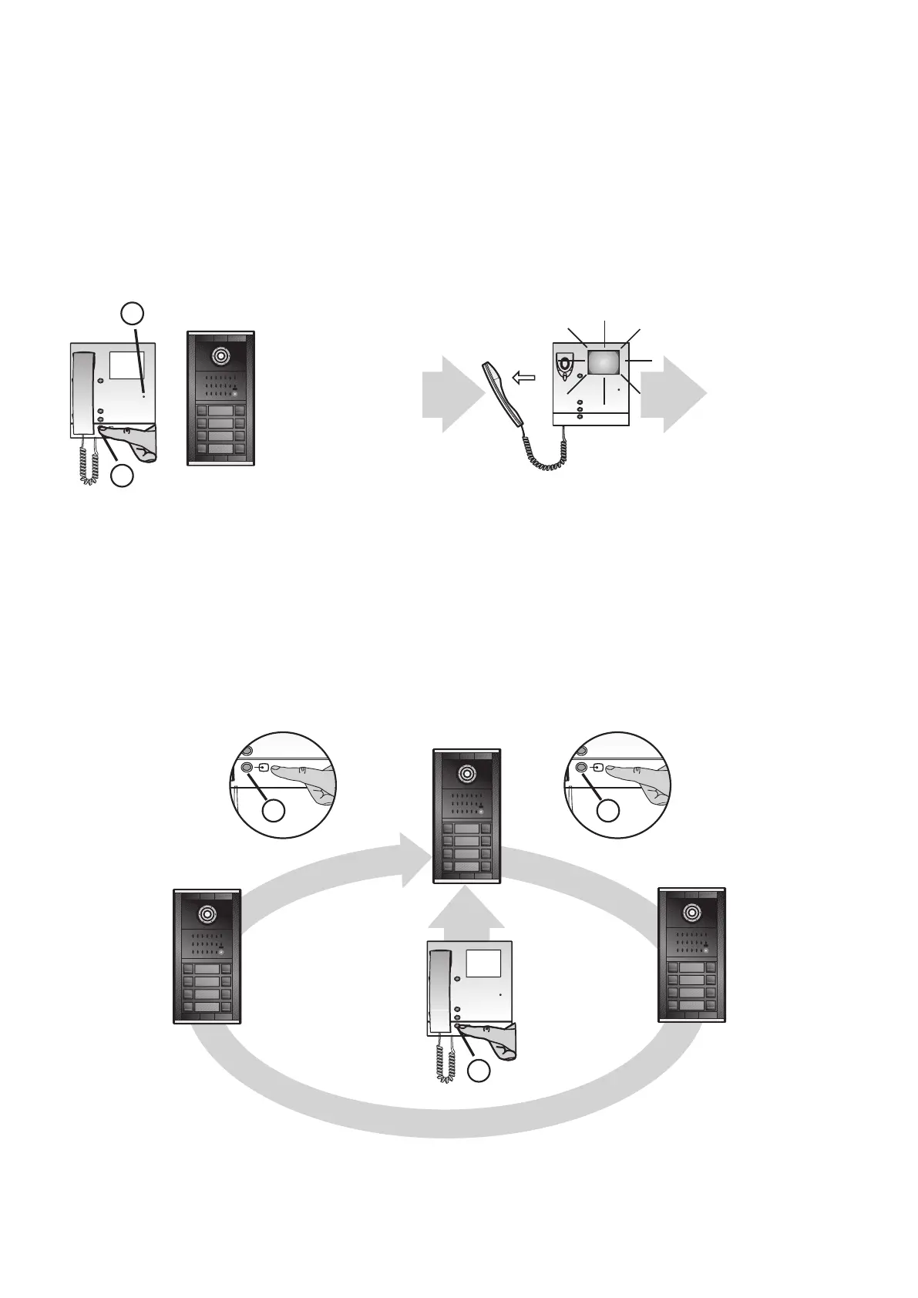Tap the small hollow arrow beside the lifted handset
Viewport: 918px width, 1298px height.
(x=524, y=378)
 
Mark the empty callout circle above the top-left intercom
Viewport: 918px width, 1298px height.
(x=133, y=313)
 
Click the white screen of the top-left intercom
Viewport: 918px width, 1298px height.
(x=127, y=364)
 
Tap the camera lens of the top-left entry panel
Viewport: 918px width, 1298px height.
(x=221, y=356)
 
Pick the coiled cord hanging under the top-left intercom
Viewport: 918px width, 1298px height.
(x=89, y=462)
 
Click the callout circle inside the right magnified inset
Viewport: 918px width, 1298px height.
(x=609, y=810)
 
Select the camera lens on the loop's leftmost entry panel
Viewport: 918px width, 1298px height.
(x=207, y=913)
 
